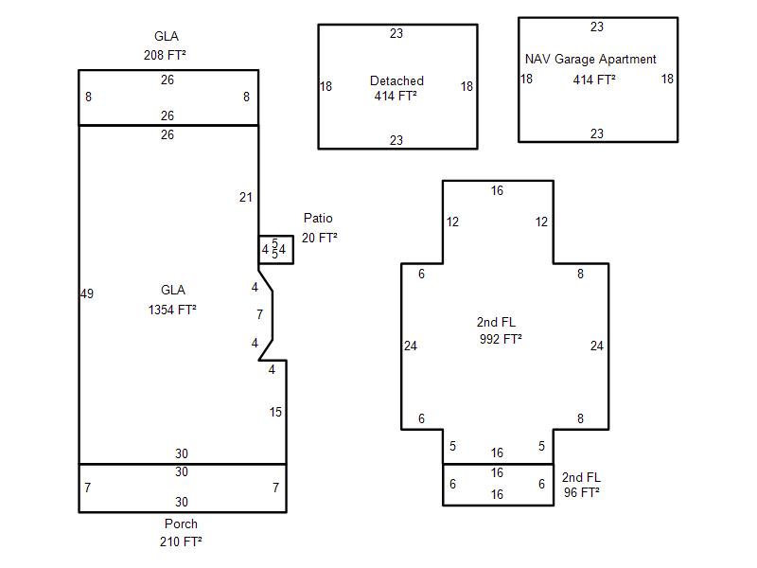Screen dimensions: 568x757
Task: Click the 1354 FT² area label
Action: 172,310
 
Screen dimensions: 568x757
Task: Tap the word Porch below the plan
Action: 182,524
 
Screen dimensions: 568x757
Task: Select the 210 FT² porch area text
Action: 182,541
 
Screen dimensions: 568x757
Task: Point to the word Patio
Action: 318,219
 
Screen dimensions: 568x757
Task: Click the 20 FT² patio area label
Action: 320,238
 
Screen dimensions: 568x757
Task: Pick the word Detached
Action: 396,80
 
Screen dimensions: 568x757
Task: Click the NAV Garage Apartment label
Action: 590,59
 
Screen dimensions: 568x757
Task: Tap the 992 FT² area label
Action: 501,339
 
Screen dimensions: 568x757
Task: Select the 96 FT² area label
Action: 581,492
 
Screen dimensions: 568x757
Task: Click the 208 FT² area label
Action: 167,55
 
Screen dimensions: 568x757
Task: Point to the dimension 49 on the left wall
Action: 87,294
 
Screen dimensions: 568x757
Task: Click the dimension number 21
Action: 246,197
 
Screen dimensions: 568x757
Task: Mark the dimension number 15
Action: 275,412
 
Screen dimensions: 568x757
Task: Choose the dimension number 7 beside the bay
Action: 259,314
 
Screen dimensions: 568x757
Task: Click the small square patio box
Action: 275,249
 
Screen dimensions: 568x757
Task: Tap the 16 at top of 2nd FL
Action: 498,190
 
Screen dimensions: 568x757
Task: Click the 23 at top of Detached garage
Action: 396,33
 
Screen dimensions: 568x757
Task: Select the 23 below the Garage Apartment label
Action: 597,133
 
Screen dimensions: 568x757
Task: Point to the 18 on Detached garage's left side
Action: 326,86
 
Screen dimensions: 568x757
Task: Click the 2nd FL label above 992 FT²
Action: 496,323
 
